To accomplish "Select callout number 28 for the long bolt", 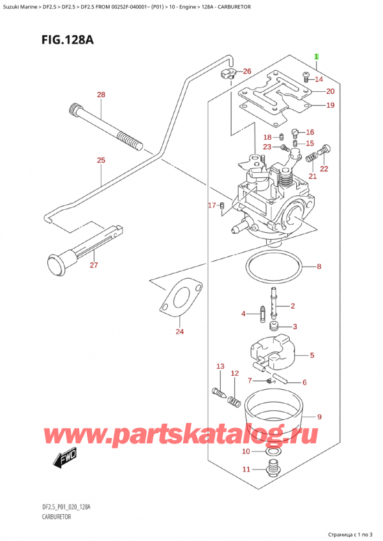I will (100, 95).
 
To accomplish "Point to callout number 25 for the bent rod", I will (100, 160).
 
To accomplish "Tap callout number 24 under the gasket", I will (179, 331).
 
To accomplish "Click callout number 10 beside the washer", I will (246, 452).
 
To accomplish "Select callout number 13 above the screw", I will (220, 366).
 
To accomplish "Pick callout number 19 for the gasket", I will (330, 105).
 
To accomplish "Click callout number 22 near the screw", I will (323, 168).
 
